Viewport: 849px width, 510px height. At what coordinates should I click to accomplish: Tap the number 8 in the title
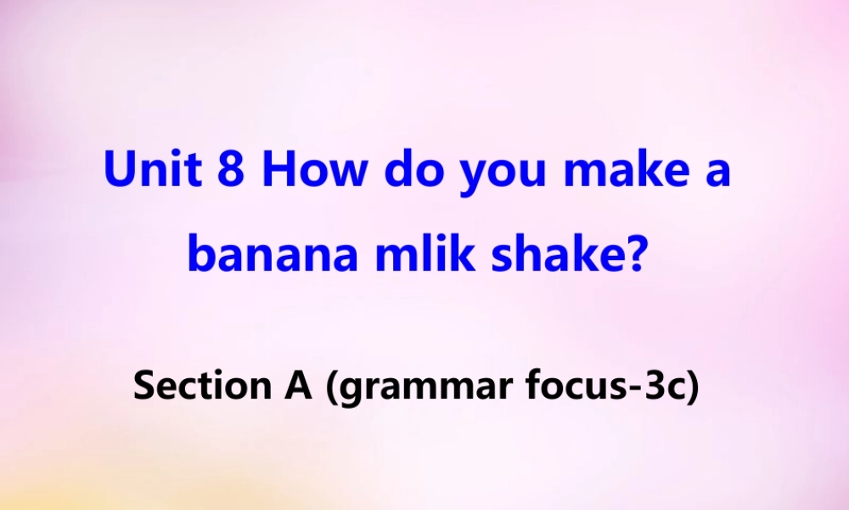[231, 171]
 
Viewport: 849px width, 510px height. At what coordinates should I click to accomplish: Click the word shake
[553, 254]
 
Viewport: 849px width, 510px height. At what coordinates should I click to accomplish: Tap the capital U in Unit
[119, 171]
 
